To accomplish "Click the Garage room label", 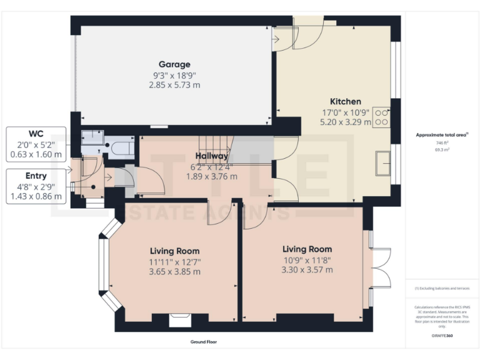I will click(x=174, y=64).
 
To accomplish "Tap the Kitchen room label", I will click(x=345, y=101).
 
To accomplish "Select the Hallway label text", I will click(x=212, y=156).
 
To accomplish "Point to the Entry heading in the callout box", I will click(x=36, y=176).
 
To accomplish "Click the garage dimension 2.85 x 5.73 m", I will click(x=174, y=84).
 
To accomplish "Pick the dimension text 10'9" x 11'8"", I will click(x=307, y=259).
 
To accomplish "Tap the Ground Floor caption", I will click(x=204, y=342).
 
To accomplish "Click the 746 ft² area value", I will click(x=442, y=143).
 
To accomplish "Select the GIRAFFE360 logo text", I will click(x=442, y=336).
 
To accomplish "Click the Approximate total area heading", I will click(x=442, y=135).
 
